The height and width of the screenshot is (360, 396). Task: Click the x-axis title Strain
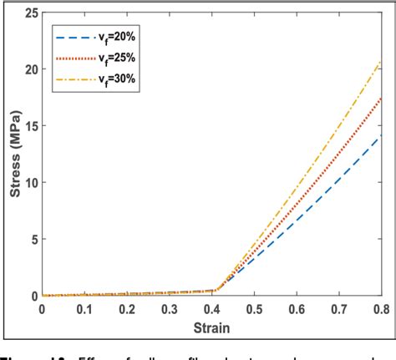click(213, 327)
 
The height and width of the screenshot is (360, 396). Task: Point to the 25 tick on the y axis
click(30, 13)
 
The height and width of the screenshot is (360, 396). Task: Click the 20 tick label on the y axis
click(30, 69)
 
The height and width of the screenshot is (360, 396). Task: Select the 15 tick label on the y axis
click(30, 126)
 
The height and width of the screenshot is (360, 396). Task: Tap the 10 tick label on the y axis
click(30, 183)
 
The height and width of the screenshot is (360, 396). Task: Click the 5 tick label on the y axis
click(33, 240)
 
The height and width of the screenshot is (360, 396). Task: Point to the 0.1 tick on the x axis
click(84, 308)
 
